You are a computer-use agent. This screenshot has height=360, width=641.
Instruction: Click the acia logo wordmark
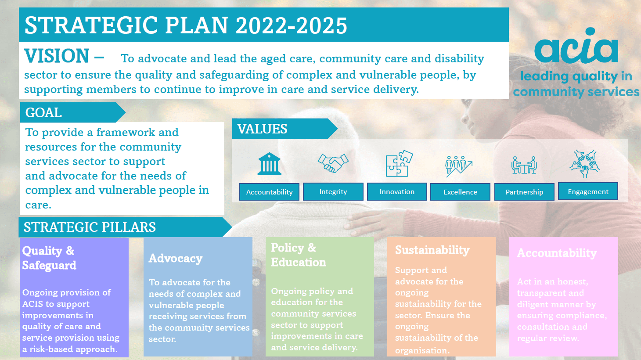click(x=576, y=46)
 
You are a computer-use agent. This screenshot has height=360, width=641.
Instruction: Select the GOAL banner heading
click(x=43, y=112)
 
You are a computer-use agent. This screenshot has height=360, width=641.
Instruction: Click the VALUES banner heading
click(x=262, y=129)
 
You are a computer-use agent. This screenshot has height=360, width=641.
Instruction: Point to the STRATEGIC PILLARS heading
click(x=90, y=227)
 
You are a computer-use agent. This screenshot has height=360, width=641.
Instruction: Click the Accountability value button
click(x=269, y=192)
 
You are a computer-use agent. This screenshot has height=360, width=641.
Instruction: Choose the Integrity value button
click(x=333, y=191)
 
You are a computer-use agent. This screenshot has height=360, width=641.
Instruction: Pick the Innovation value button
click(x=397, y=191)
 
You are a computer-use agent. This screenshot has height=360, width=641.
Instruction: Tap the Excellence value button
click(x=460, y=192)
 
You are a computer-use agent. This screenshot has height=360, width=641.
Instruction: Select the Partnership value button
click(x=524, y=192)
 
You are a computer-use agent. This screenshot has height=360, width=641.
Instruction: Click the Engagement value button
click(x=588, y=191)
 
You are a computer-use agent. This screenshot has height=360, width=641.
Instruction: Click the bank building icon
click(x=269, y=164)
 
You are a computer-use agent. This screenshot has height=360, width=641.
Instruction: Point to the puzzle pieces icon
click(x=399, y=163)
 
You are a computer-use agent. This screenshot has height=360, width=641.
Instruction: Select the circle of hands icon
click(x=584, y=163)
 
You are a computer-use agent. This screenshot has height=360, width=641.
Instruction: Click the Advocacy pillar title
click(x=176, y=259)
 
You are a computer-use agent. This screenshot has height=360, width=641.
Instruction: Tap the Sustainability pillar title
click(x=432, y=250)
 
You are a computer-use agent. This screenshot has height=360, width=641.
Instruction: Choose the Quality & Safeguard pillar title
click(x=49, y=258)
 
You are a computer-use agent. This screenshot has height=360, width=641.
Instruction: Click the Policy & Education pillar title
click(x=299, y=255)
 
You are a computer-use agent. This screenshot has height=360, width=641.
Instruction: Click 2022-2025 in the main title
click(x=292, y=25)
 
